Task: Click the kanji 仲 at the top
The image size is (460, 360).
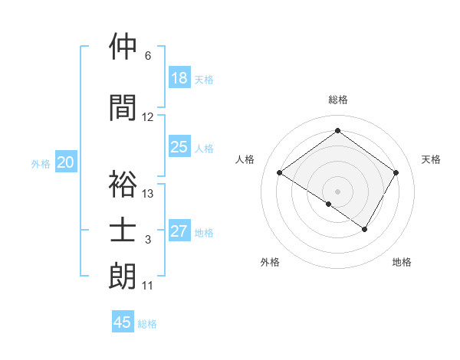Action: [x=123, y=47]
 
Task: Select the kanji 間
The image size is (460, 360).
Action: [x=123, y=107]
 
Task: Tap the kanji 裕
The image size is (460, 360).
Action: [x=123, y=184]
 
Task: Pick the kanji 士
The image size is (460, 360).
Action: [x=123, y=231]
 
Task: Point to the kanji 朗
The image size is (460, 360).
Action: [x=123, y=277]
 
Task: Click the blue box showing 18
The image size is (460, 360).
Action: [x=179, y=78]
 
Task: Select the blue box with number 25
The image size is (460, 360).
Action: [x=179, y=148]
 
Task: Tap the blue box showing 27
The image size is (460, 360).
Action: [x=179, y=232]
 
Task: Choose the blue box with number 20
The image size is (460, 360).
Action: [x=65, y=162]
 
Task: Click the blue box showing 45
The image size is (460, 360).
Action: [x=123, y=322]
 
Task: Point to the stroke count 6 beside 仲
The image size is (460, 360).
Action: [x=148, y=56]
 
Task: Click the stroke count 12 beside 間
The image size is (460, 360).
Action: [x=148, y=117]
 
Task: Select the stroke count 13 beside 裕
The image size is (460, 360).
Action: [x=148, y=194]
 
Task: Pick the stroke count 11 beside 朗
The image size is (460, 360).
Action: [x=148, y=286]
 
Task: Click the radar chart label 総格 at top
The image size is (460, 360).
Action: [x=337, y=100]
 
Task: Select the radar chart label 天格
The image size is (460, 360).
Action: [x=432, y=159]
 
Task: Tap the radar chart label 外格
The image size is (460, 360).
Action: [x=270, y=262]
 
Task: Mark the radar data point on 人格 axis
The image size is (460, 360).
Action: [x=280, y=173]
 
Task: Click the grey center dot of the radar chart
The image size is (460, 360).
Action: [x=337, y=190]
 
